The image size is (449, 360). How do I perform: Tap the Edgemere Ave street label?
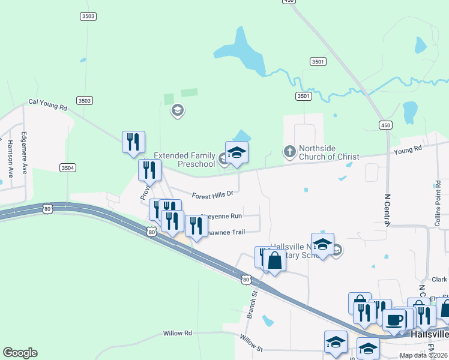tap(24, 153)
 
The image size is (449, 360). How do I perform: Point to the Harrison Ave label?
tap(10, 158)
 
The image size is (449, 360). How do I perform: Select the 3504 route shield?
tap(68, 169)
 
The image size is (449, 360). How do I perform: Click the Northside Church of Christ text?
tap(329, 152)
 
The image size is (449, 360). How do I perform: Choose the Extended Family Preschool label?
tap(184, 160)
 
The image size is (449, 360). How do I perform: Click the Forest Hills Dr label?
tap(212, 194)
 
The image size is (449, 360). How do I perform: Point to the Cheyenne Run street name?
tap(221, 215)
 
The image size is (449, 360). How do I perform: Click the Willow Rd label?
tap(177, 333)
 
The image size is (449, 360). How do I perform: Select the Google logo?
tap(20, 353)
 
